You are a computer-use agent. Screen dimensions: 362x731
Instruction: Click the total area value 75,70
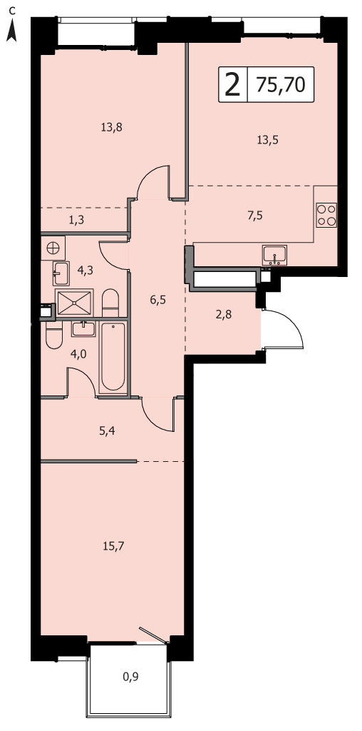pyautogui.click(x=281, y=85)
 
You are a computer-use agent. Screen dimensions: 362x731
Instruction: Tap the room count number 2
pyautogui.click(x=232, y=85)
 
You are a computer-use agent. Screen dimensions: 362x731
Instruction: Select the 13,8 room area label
pyautogui.click(x=111, y=126)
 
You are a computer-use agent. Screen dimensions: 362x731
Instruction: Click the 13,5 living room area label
pyautogui.click(x=267, y=139)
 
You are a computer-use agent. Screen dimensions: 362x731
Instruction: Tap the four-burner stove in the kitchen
pyautogui.click(x=326, y=215)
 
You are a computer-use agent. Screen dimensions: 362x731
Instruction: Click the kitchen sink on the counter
pyautogui.click(x=274, y=255)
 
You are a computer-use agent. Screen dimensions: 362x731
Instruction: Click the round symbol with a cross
pyautogui.click(x=53, y=248)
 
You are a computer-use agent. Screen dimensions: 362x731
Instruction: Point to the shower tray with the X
pyautogui.click(x=74, y=303)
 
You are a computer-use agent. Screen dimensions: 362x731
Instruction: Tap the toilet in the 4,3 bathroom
pyautogui.click(x=110, y=303)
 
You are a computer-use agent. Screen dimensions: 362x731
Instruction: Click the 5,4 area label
pyautogui.click(x=107, y=430)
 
